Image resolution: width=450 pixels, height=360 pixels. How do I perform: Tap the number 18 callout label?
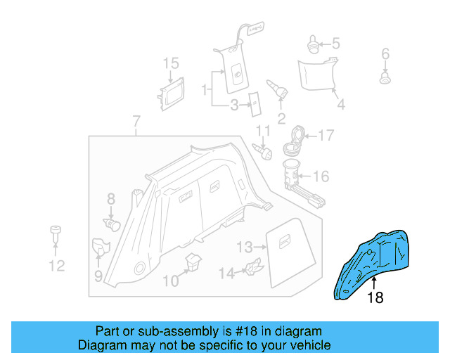coord(375,298)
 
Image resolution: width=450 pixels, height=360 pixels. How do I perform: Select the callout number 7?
coord(136,121)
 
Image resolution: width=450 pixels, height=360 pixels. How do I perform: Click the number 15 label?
coord(172,64)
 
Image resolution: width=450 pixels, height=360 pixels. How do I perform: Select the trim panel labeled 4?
coord(316,75)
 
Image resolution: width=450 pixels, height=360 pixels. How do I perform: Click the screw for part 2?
coord(278,89)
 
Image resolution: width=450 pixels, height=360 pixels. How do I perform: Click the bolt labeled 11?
coord(262,149)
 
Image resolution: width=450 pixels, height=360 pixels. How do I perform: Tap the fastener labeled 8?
coord(112,224)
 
